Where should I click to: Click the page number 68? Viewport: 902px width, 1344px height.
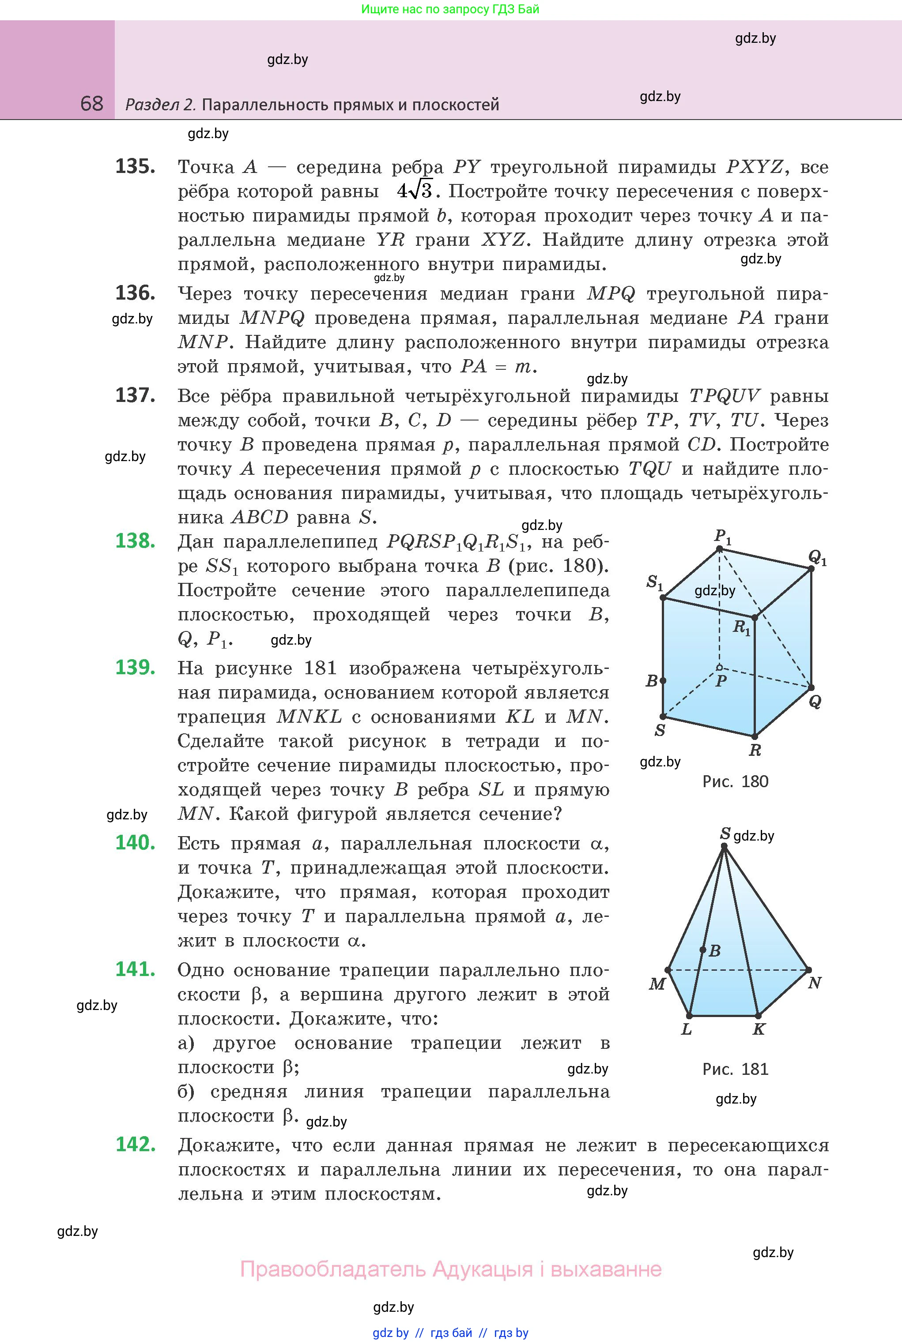(92, 104)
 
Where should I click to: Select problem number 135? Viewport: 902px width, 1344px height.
(135, 167)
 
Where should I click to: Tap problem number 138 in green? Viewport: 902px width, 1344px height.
(135, 541)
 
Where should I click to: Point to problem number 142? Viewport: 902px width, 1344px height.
(135, 1144)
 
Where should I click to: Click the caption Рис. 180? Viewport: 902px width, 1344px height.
(735, 781)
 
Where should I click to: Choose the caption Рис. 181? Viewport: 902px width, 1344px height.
(735, 1069)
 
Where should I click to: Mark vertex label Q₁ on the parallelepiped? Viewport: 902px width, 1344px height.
(817, 557)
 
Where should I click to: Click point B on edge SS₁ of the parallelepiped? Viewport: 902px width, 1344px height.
(663, 681)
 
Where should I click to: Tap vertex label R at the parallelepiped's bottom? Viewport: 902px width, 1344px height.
(755, 750)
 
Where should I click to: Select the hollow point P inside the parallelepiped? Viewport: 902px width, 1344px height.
(719, 668)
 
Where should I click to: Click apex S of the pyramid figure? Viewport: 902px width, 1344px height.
(724, 845)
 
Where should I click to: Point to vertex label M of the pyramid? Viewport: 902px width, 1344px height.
(657, 984)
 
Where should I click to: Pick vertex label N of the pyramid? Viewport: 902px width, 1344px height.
(814, 983)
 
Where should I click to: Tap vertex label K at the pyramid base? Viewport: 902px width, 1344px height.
(759, 1029)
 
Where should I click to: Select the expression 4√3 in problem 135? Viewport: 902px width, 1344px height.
(414, 191)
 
